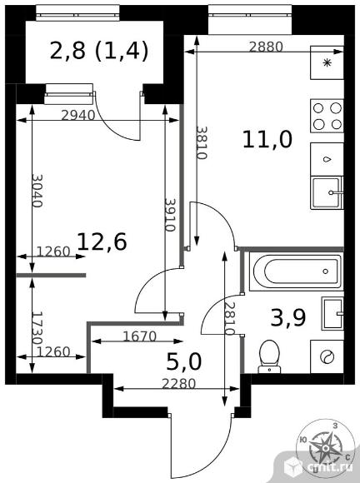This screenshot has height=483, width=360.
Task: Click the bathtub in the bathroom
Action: click(x=296, y=271)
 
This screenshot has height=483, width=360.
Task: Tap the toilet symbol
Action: click(x=269, y=356)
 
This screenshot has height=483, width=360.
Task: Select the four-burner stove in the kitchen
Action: click(x=327, y=116)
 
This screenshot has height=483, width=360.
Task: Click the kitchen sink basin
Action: click(x=327, y=193)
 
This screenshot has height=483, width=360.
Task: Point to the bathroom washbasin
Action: click(x=332, y=314)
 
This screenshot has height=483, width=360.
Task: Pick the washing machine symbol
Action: click(x=327, y=356)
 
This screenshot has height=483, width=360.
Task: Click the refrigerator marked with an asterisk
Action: click(x=327, y=62)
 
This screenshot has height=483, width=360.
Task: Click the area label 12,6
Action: click(x=102, y=242)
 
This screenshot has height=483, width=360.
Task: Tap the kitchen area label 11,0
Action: click(x=267, y=140)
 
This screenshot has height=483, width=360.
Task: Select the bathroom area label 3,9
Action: click(x=288, y=317)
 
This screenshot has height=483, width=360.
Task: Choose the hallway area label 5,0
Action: click(x=183, y=361)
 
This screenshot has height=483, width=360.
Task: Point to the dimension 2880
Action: click(x=266, y=47)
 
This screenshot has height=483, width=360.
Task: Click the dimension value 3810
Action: click(x=202, y=142)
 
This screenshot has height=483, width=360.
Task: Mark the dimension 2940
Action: click(x=78, y=115)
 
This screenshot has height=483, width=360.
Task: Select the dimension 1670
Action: click(x=140, y=336)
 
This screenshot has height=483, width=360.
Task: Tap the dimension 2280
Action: click(x=179, y=384)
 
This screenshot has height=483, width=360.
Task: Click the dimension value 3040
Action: click(x=37, y=191)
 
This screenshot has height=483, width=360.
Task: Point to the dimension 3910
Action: click(x=170, y=215)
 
